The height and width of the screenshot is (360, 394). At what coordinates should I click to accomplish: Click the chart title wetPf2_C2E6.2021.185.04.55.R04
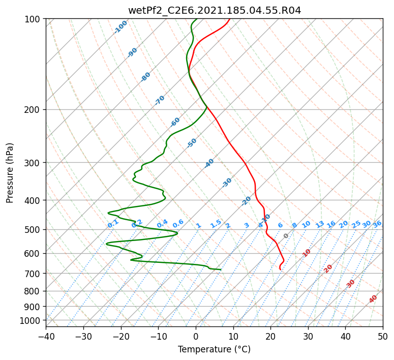click(215, 11)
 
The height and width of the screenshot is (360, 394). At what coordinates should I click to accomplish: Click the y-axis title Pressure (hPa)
click(9, 173)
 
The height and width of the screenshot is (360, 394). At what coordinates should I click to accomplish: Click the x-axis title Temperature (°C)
click(215, 349)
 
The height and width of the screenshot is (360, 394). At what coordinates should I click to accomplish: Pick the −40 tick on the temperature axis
click(46, 336)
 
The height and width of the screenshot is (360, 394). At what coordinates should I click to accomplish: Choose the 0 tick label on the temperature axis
click(196, 336)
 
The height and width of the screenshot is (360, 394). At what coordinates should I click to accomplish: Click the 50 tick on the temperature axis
click(383, 336)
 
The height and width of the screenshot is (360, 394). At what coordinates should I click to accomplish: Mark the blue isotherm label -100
click(120, 27)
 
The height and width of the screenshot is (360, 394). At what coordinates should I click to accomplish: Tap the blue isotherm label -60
click(175, 122)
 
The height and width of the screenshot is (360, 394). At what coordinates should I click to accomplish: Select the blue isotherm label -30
click(227, 183)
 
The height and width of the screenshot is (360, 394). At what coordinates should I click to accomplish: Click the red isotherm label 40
click(373, 299)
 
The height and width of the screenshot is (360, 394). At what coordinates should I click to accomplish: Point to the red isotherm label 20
click(328, 269)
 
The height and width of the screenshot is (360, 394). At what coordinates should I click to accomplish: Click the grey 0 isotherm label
click(286, 236)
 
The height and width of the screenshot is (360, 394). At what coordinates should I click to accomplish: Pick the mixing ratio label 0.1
click(113, 224)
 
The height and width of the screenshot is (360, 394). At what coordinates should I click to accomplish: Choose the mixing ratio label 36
click(377, 224)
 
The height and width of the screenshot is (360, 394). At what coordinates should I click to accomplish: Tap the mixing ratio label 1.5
click(216, 224)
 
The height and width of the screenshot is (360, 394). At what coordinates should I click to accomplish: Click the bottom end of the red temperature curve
click(281, 269)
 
